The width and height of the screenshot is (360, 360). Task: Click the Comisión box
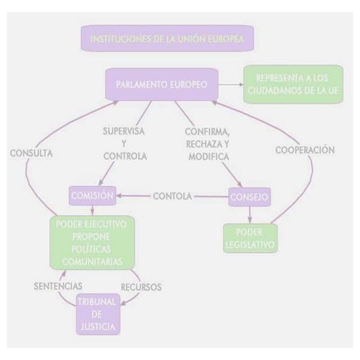[x=92, y=196]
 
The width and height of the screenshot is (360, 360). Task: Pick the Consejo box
[x=248, y=197]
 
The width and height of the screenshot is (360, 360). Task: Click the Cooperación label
[x=304, y=149]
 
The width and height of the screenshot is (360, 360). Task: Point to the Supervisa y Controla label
[x=124, y=144]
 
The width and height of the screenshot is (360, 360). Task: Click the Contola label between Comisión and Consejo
[x=172, y=197]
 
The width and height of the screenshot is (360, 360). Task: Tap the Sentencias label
[x=58, y=286]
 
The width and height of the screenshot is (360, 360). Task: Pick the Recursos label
[x=141, y=286]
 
